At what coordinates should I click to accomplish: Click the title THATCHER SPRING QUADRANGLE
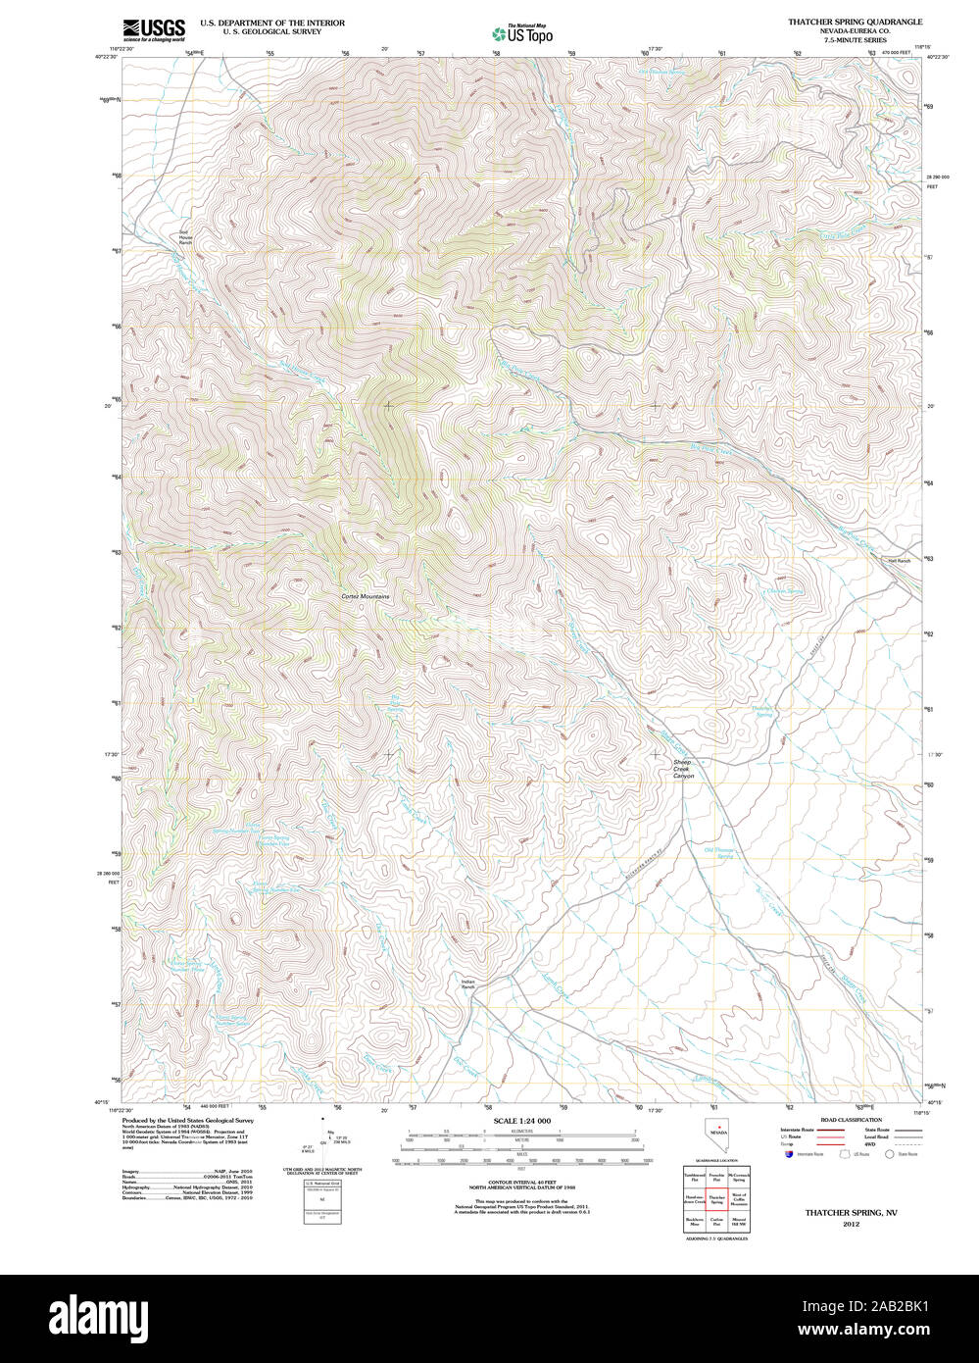tap(855, 22)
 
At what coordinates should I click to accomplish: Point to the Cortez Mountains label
tap(366, 596)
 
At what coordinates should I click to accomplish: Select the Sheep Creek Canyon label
tap(682, 769)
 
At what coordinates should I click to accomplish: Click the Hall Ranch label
tap(899, 561)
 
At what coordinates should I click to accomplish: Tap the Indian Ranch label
tap(467, 984)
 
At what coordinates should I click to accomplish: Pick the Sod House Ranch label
tap(185, 236)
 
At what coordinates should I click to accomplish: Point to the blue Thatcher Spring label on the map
tap(762, 710)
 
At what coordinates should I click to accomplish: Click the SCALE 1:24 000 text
tap(521, 1121)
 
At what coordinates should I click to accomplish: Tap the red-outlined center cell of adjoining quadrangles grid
tap(717, 1199)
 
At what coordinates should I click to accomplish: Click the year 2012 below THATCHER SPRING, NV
tap(851, 1224)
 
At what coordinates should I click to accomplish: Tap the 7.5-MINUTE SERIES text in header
tap(855, 40)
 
